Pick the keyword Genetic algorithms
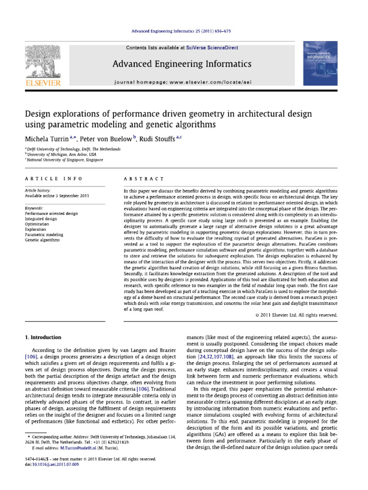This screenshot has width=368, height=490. point(42,226)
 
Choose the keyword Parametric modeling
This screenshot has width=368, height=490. point(44,221)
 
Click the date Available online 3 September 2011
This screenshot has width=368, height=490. point(56,196)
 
